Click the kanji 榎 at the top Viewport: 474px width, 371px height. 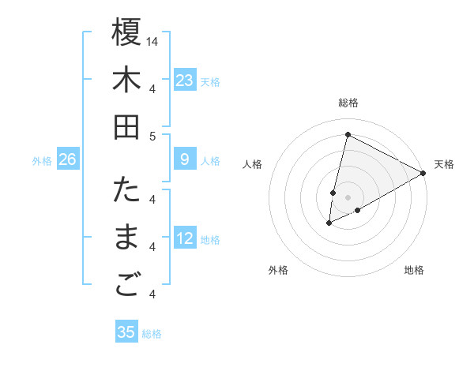coord(126,32)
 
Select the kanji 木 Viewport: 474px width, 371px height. coord(126,80)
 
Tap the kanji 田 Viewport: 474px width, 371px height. coord(126,127)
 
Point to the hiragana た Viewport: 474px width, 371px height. coord(126,190)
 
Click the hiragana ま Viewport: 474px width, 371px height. coord(126,238)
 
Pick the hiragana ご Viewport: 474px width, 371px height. coord(126,287)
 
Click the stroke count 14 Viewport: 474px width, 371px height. coord(152,40)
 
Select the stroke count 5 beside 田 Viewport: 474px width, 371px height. coord(152,136)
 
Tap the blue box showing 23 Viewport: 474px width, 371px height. coord(184,81)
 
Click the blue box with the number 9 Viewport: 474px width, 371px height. coord(184,160)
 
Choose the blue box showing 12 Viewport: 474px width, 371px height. coord(184,238)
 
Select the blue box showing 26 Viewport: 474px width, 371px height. coord(68,160)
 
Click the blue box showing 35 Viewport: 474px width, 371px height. coord(126,332)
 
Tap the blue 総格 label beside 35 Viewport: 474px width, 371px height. coord(152,334)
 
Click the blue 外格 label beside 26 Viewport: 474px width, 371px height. coord(42,161)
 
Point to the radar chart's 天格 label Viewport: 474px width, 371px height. coord(444,164)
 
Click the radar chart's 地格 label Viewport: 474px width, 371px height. coord(414,270)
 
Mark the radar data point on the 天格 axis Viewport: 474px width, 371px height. coord(423,173)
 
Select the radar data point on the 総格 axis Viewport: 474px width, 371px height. coord(348,134)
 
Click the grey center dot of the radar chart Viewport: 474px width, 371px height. coord(348,197)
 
